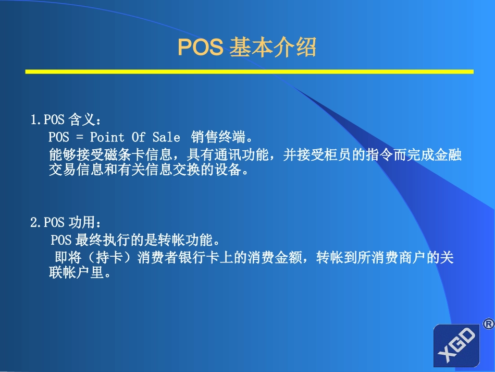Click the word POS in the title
click(x=200, y=48)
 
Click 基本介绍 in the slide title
click(x=273, y=48)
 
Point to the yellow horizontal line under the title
click(x=249, y=71)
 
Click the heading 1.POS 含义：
click(x=65, y=120)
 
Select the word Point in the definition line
click(x=107, y=137)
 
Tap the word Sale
click(x=166, y=137)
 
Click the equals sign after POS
click(x=79, y=137)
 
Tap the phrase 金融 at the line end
click(x=449, y=155)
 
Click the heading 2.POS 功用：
click(x=65, y=223)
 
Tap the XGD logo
click(x=456, y=345)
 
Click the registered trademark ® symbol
click(x=488, y=324)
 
